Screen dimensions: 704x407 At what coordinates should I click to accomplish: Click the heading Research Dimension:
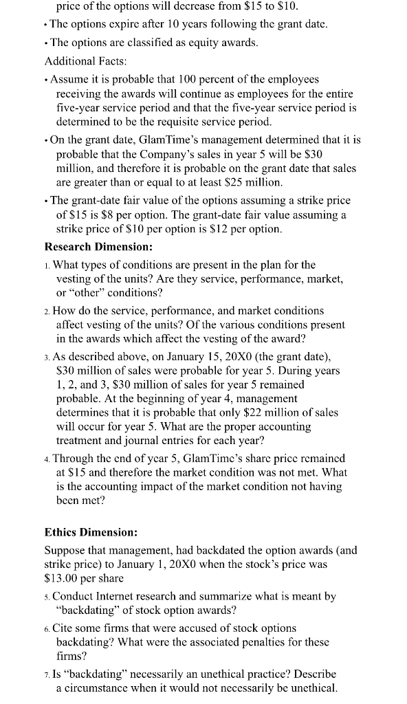92,247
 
